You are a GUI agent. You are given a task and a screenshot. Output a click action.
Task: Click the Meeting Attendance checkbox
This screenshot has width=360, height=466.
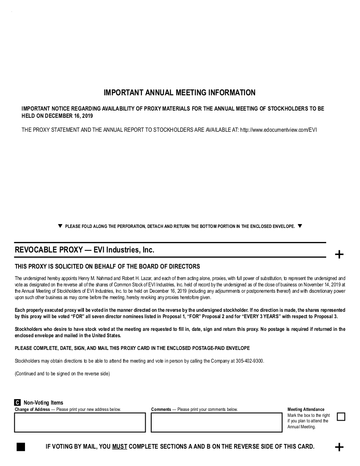[341, 417]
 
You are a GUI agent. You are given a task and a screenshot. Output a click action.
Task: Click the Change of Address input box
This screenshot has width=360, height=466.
[80, 422]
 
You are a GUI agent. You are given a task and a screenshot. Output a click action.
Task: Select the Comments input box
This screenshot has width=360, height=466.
[216, 422]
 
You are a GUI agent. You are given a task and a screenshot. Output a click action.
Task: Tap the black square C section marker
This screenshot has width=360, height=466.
[17, 402]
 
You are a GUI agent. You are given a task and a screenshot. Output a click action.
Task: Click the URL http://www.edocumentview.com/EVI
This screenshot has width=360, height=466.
[278, 130]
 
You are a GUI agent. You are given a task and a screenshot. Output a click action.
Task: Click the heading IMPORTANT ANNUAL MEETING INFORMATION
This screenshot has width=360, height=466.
[180, 93]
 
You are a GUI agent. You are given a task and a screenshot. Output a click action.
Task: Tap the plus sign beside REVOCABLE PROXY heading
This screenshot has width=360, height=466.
[339, 255]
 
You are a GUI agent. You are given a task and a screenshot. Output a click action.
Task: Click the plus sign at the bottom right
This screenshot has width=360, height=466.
[339, 447]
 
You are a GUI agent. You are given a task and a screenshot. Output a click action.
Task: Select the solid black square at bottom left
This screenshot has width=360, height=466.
[21, 447]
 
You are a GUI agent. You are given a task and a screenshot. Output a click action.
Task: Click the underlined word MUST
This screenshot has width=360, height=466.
[119, 447]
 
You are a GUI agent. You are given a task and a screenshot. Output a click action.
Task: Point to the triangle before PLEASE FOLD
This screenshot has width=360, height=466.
[60, 226]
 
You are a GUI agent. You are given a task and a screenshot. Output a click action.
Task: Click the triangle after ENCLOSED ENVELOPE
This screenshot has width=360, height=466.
[300, 226]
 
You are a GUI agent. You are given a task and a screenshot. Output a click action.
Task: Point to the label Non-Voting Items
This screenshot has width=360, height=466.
[43, 403]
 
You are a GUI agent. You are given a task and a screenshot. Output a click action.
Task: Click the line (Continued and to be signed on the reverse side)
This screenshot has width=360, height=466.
[62, 374]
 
